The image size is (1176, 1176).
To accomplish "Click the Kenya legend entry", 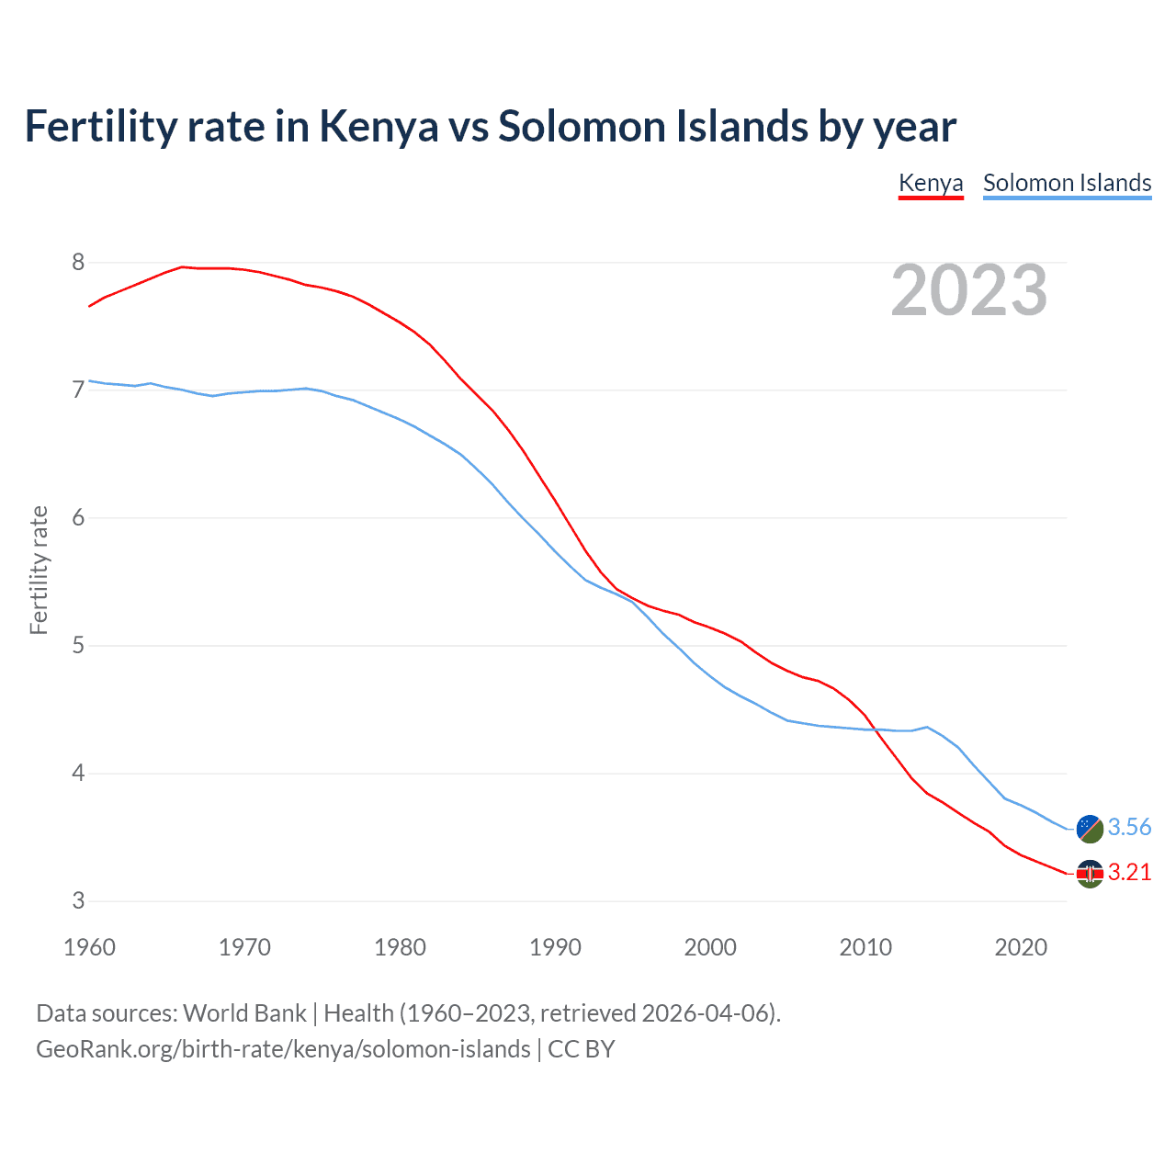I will (x=931, y=183).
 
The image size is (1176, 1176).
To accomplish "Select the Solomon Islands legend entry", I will (x=1067, y=183).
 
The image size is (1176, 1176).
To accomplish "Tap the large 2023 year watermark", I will (x=969, y=290).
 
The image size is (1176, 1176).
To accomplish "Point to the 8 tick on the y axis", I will (x=78, y=263).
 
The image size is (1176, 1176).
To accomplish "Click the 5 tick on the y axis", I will (x=78, y=646).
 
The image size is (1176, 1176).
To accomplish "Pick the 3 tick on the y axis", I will (x=78, y=901).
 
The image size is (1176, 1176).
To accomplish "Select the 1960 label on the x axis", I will (x=89, y=947).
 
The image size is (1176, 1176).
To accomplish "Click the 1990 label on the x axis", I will (x=555, y=947).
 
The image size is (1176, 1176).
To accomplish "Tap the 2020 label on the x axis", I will (x=1021, y=947).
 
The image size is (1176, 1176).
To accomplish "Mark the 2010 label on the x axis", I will (x=865, y=947).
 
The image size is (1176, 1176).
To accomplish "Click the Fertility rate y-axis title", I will (x=39, y=570).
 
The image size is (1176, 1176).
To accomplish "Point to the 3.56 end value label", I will (x=1129, y=827).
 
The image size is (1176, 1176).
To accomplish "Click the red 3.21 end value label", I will (x=1129, y=872).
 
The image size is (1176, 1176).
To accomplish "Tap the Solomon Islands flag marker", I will (x=1090, y=828).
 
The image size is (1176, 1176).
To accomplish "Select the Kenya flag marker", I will (x=1090, y=874).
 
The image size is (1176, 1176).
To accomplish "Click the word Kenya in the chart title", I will (x=379, y=126).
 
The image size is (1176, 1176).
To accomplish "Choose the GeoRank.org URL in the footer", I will (x=283, y=1049).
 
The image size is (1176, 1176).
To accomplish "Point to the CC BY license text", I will (x=582, y=1049).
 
